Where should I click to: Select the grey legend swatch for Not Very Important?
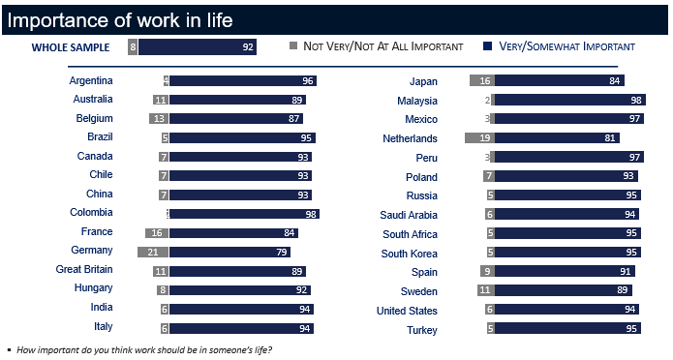coord(294,45)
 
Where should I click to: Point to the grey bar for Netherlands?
coord(479,138)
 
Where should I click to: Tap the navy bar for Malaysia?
coord(569,101)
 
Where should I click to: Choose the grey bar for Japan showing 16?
coord(482,81)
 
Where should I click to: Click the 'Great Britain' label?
coord(84,269)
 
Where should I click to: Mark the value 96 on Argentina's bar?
coord(308,81)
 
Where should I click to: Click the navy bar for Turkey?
coord(567,329)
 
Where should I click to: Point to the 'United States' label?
coord(408,311)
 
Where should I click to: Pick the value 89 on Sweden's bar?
coord(623,290)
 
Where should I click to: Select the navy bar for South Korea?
coord(567,253)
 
